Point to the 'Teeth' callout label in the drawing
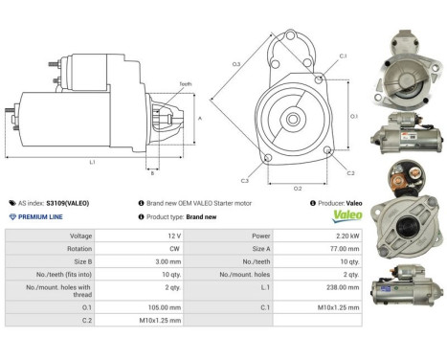[x=185, y=84]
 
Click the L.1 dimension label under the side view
[x=93, y=163]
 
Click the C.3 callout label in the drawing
[x=245, y=180]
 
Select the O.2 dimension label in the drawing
[x=298, y=188]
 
